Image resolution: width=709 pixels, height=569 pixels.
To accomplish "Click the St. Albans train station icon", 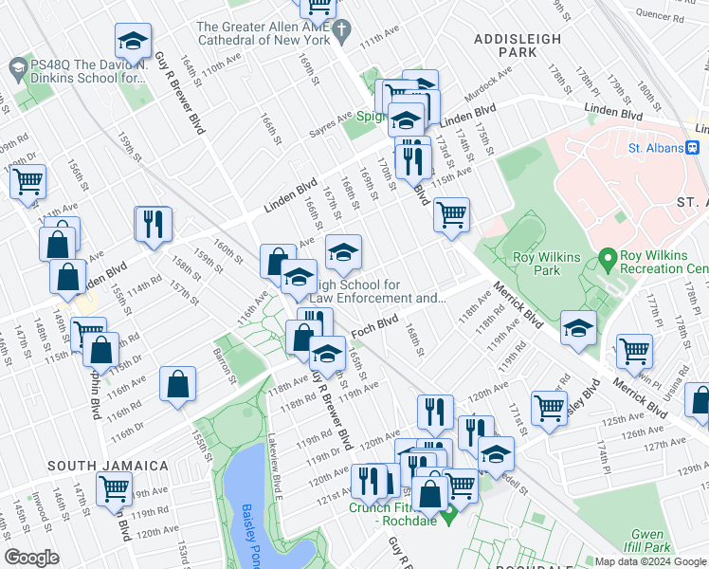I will tap(693, 147).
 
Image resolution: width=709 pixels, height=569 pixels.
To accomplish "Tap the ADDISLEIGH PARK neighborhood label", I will tap(518, 46).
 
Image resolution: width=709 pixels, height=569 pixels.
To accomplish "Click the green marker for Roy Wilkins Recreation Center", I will tap(608, 257).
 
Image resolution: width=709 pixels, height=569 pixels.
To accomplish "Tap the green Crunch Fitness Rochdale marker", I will tap(450, 517).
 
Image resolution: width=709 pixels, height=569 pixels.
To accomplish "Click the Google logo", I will tap(32, 558).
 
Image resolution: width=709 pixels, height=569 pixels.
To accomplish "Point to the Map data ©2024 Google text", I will tap(650, 561).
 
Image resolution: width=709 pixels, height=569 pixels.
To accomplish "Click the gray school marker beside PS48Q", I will tap(17, 69).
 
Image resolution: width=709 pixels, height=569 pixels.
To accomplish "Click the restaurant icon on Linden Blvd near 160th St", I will tap(153, 226).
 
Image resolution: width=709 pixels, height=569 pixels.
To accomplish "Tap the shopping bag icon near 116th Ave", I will tap(178, 385).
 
